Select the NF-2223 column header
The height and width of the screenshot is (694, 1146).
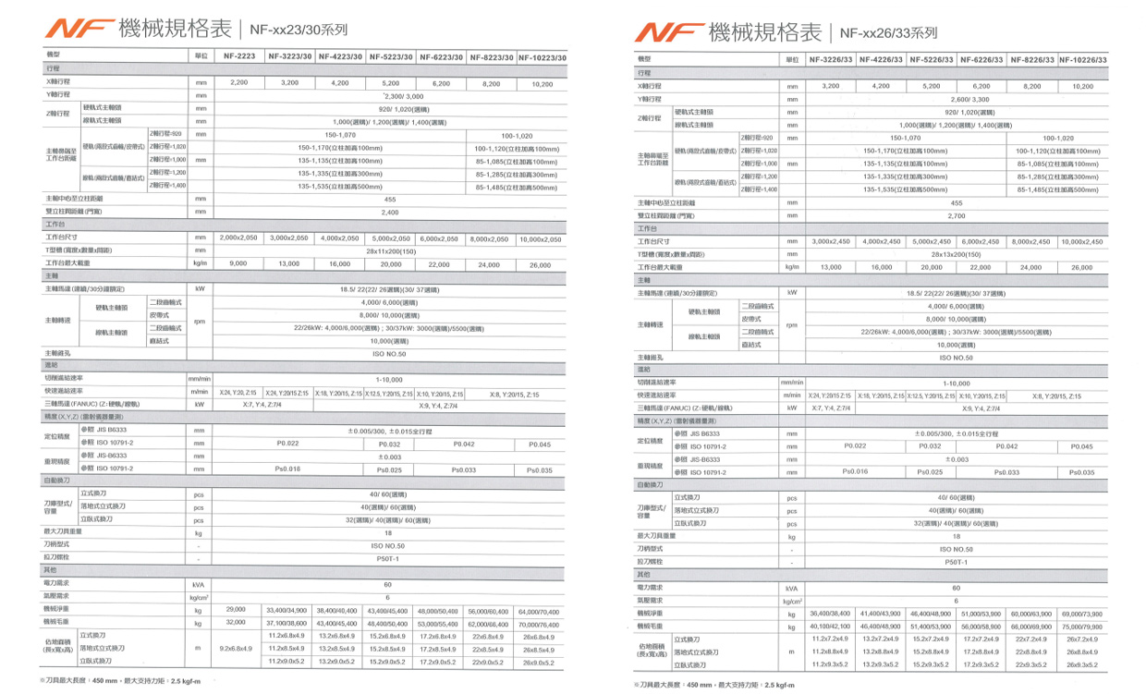click(x=239, y=56)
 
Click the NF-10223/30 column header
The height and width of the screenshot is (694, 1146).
click(x=542, y=56)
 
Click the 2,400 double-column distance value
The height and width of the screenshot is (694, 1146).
click(x=390, y=212)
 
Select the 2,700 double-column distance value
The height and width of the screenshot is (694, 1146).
click(x=956, y=214)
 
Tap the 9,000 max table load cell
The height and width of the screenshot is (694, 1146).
click(x=238, y=264)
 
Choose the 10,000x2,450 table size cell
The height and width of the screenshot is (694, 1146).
click(x=1081, y=241)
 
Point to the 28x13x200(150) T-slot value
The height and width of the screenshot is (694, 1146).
click(x=956, y=254)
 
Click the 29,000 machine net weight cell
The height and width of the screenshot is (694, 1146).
click(x=236, y=610)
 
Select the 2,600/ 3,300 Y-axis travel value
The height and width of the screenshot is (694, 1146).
click(x=956, y=98)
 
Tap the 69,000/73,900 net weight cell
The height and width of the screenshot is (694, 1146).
click(x=1081, y=614)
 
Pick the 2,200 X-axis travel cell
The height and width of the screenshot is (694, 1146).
click(x=239, y=83)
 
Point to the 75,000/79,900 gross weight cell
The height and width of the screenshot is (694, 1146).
click(x=1081, y=627)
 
